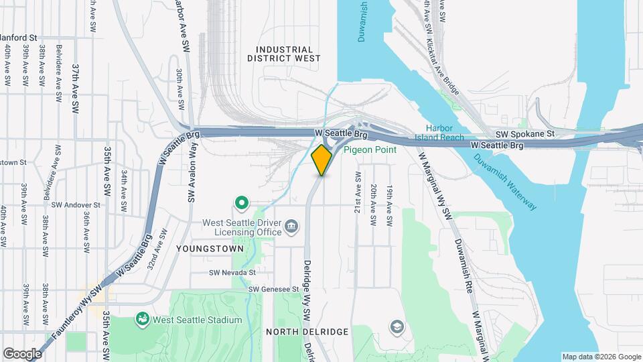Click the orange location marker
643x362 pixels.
click(x=322, y=160)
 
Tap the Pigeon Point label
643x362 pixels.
click(x=370, y=149)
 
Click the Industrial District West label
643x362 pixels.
click(x=284, y=54)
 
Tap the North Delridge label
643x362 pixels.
click(x=307, y=332)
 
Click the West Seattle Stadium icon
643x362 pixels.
click(x=142, y=318)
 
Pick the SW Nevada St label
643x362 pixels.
click(x=232, y=273)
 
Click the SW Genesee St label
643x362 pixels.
click(x=273, y=289)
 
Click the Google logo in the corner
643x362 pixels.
click(x=22, y=354)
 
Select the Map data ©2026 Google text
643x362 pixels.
click(x=600, y=357)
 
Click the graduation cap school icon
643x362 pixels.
click(x=397, y=326)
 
